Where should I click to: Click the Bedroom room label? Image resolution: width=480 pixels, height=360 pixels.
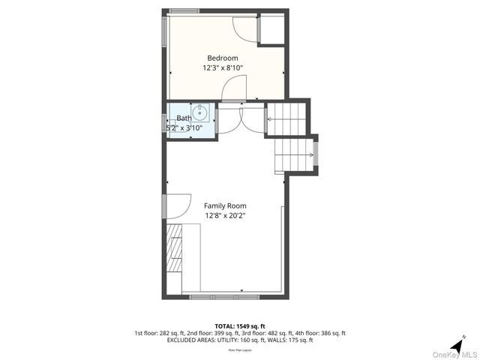[223, 58]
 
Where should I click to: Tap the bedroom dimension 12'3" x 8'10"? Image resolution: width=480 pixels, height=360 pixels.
[223, 68]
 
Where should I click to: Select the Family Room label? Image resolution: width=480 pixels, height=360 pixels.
[225, 205]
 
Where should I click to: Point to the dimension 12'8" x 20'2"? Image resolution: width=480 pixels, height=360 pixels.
[225, 215]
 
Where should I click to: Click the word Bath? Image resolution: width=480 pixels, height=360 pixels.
[184, 118]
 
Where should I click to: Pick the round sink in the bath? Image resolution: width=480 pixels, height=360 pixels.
[200, 114]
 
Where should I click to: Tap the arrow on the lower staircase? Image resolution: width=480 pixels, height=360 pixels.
[309, 155]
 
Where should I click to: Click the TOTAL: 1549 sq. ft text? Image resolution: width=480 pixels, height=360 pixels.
[240, 325]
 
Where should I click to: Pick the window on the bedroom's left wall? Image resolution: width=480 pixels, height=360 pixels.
[165, 31]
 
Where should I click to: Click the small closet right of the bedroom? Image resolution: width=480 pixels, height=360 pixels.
[271, 28]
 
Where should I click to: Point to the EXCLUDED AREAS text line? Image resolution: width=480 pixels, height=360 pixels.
[240, 340]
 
